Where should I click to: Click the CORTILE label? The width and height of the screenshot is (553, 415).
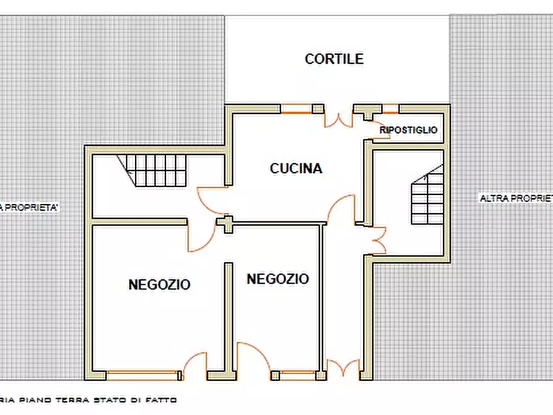(x=334, y=59)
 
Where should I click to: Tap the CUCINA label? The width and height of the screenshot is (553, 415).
(x=296, y=168)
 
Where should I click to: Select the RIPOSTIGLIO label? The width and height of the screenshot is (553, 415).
(x=408, y=130)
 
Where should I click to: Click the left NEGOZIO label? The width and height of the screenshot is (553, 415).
(x=159, y=285)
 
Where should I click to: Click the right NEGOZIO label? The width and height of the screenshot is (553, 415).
(x=277, y=279)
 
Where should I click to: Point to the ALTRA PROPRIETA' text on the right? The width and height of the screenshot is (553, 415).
(x=516, y=198)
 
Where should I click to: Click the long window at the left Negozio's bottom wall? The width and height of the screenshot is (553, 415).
(x=143, y=375)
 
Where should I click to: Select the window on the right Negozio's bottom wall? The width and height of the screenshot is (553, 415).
(x=293, y=375)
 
